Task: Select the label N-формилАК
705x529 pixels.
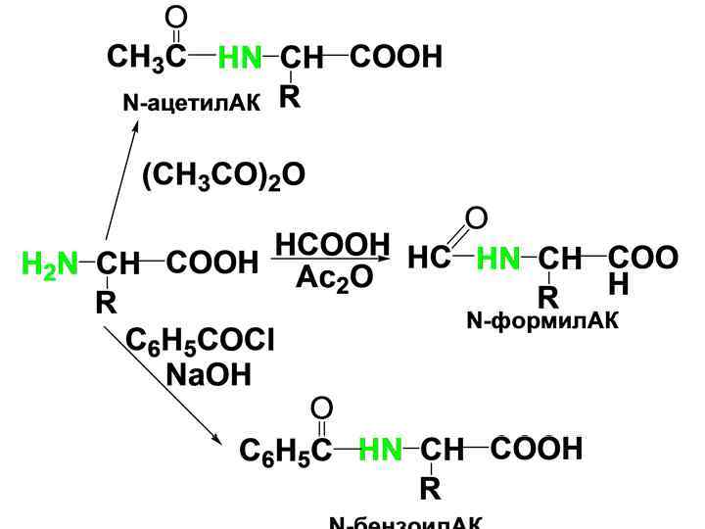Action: coord(542,320)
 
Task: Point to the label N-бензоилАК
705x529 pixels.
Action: coord(405,522)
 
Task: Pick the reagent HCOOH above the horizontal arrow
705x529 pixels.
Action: coord(333,244)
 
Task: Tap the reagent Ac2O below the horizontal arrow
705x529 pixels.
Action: coord(334,278)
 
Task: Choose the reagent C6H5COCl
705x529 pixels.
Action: coord(202,340)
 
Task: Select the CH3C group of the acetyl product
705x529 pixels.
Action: coord(148,58)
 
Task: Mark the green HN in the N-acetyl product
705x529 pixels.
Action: coord(240,59)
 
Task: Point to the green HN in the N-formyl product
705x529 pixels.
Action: coord(498,259)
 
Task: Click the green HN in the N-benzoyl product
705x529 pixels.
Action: coord(381,451)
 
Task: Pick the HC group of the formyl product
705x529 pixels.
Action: coord(428,259)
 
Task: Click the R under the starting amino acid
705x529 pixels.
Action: coord(106,304)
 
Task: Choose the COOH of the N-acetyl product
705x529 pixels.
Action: coord(396,58)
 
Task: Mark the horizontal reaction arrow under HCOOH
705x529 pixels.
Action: coord(333,261)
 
